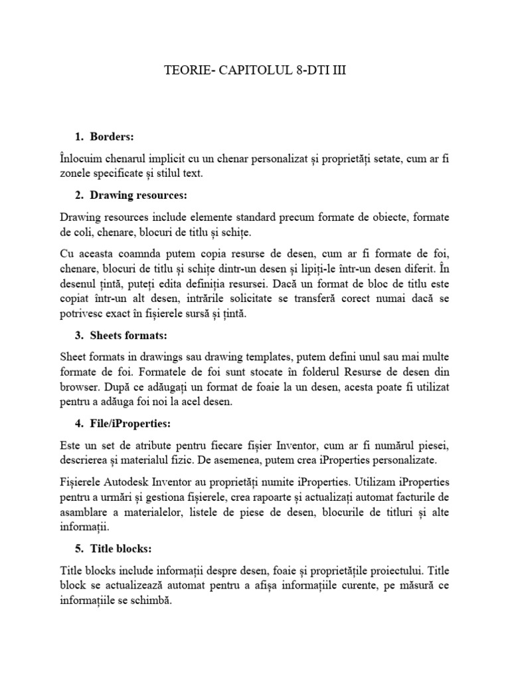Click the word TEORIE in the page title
(x=183, y=70)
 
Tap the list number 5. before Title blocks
(x=80, y=549)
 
